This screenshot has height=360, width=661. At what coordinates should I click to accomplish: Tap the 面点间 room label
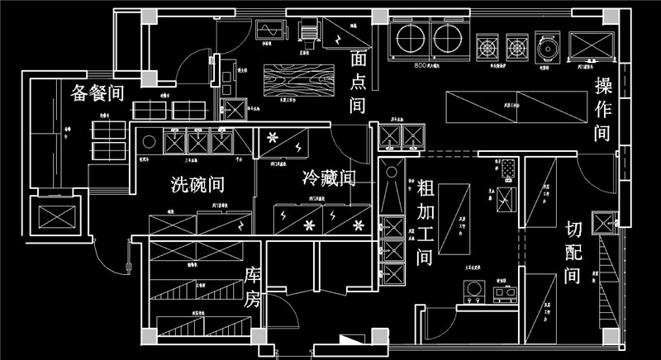(x=358, y=83)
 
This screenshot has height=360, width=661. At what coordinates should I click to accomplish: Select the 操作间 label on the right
(x=602, y=110)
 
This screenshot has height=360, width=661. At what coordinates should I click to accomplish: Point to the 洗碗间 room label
(x=197, y=183)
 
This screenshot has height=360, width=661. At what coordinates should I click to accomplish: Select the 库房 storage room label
(x=252, y=288)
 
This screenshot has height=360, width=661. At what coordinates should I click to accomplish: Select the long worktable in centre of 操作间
(x=494, y=106)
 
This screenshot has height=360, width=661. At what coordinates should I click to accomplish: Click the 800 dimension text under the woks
(x=423, y=64)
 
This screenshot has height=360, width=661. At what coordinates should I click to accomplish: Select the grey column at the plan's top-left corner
(x=148, y=17)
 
